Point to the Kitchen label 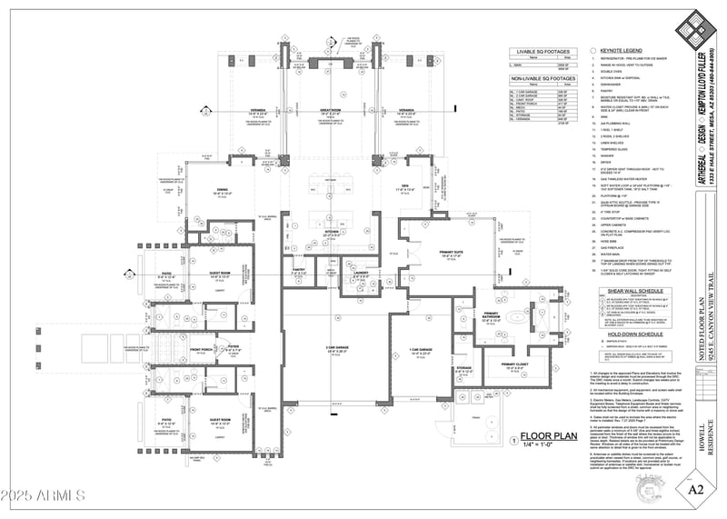(331, 232)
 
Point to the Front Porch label (203, 348)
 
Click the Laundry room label (361, 272)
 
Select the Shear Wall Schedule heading (622, 292)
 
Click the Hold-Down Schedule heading (622, 334)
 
